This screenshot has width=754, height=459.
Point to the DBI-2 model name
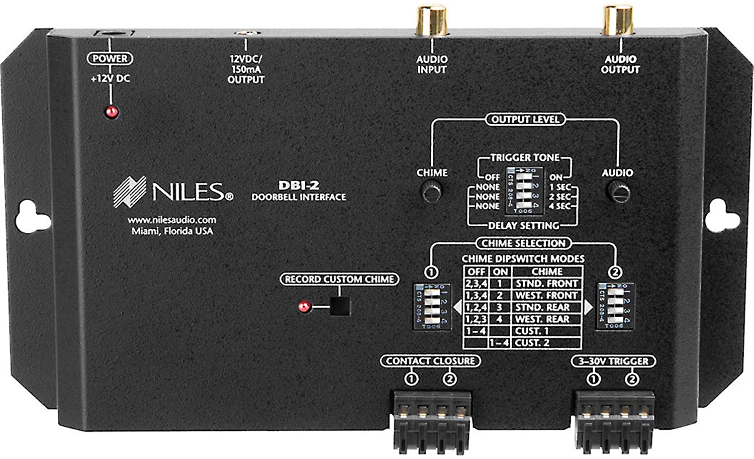click(299, 185)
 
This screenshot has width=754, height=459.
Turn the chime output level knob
click(431, 192)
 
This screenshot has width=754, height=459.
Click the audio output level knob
click(618, 192)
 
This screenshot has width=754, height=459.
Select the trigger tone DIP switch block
click(523, 191)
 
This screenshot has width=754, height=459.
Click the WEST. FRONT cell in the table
click(546, 296)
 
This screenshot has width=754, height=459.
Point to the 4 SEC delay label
click(559, 206)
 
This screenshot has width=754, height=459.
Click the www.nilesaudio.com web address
click(171, 220)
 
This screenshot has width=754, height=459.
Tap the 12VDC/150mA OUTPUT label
click(246, 69)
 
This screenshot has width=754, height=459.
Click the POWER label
click(110, 58)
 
